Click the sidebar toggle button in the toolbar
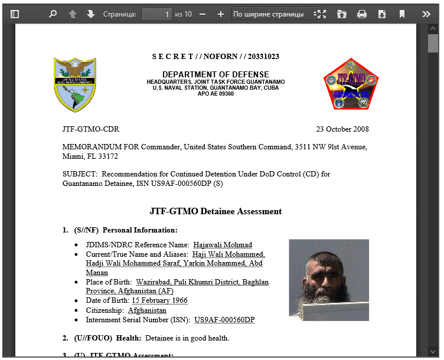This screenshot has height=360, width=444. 15,14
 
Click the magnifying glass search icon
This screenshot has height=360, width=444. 53,14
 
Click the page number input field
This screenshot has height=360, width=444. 156,14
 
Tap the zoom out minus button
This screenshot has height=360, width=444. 203,14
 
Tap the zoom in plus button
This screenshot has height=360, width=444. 221,14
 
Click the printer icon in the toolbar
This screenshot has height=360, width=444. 362,14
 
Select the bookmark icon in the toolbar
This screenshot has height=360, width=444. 402,14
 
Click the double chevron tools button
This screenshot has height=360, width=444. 426,14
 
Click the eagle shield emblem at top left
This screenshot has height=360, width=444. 75,84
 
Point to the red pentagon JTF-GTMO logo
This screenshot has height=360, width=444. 351,84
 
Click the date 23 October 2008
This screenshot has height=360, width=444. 342,129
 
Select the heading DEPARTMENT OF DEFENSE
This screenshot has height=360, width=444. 216,74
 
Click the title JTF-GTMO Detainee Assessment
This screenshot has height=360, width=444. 216,211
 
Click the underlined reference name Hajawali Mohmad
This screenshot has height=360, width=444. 222,245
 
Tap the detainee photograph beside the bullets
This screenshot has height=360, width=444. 329,279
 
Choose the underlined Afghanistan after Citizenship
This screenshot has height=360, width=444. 147,310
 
